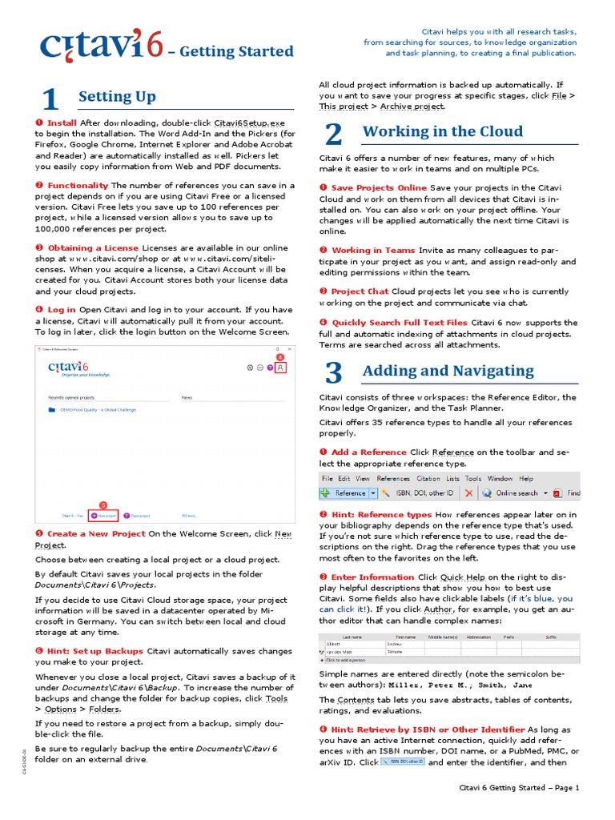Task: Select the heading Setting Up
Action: tap(117, 97)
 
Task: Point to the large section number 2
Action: tap(334, 135)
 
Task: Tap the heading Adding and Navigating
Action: tap(448, 371)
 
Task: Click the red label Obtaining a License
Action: tap(93, 248)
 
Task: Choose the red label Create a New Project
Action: tap(96, 533)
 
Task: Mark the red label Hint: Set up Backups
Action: tap(95, 651)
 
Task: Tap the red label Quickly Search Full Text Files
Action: tap(399, 322)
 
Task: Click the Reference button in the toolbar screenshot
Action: tap(350, 493)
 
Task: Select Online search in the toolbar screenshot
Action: tap(517, 493)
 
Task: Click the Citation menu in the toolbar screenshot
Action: tap(428, 479)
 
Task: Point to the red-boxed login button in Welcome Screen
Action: tap(280, 367)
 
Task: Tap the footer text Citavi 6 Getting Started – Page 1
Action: tap(518, 788)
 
